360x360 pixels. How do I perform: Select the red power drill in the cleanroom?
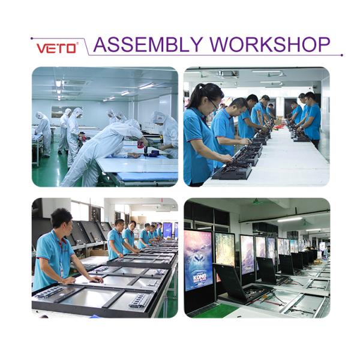143,144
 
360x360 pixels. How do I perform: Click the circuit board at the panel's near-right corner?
137,299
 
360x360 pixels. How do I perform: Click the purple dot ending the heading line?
341,55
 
